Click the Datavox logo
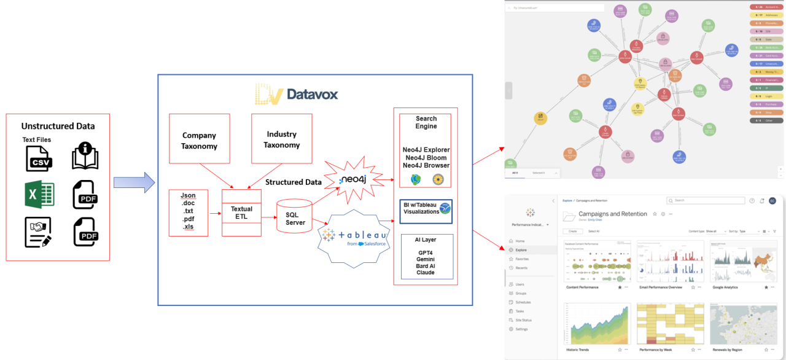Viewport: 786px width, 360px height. (x=297, y=95)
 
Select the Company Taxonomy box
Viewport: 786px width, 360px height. (x=199, y=140)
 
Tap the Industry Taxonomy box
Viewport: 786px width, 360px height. (x=282, y=139)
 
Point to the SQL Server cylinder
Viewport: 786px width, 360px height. (x=295, y=214)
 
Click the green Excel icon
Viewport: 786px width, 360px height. (x=39, y=196)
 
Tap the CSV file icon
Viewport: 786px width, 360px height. (x=39, y=158)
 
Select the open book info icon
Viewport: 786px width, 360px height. (x=85, y=156)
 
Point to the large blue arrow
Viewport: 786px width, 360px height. (x=134, y=182)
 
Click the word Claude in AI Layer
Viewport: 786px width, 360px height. (x=426, y=272)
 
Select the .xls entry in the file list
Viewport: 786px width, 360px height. (x=188, y=227)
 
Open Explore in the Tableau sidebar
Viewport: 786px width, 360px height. (x=520, y=250)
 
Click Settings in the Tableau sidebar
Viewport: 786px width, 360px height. (x=521, y=329)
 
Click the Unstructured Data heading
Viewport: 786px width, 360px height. (x=58, y=126)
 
